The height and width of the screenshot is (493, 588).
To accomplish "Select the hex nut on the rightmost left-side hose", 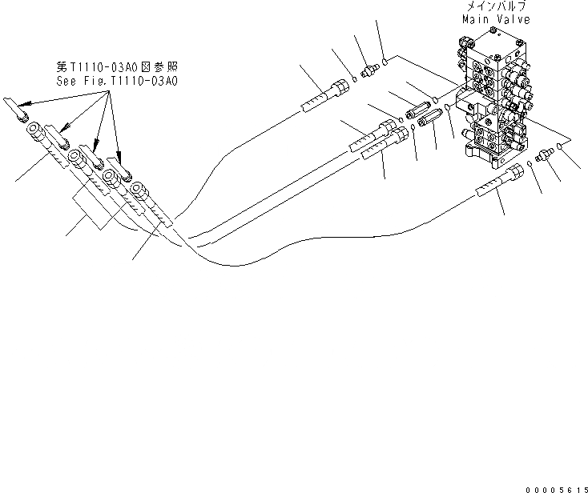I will coord(139,191).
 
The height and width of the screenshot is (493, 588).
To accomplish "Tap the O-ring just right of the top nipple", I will coord(386,59).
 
